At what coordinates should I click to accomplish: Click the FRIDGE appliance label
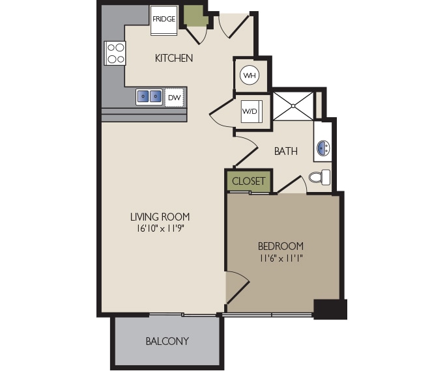pos(164,19)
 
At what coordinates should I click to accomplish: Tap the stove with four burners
pos(115,53)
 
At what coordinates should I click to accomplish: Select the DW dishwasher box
pos(174,98)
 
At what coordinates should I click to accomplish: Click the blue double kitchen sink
pos(149,97)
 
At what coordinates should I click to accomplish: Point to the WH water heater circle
pos(250,76)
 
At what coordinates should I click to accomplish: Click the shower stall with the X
pos(293,105)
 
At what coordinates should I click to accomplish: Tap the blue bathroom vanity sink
pos(323,149)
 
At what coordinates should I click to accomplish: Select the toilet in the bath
pos(320,177)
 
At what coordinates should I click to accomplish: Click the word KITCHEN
pos(173,59)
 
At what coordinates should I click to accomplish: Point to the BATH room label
pos(285,152)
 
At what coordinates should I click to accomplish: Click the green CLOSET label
pos(249,181)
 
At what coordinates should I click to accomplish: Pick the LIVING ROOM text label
pos(160,217)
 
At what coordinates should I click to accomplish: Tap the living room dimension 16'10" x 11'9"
pos(160,228)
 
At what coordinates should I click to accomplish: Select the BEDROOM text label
pos(281,246)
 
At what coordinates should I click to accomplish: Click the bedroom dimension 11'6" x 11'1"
pos(281,258)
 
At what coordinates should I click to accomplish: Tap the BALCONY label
pos(167,341)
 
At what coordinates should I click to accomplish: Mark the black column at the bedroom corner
pos(330,309)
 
